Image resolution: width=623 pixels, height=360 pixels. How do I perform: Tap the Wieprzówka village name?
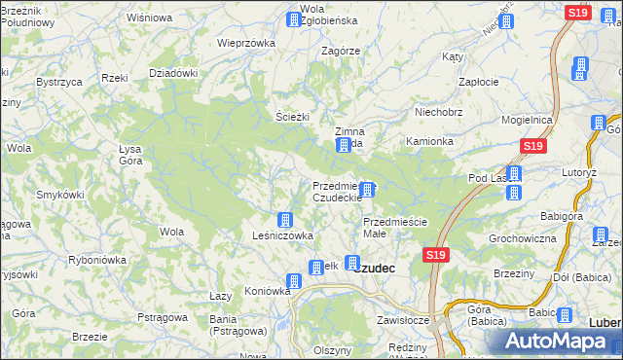point(246,43)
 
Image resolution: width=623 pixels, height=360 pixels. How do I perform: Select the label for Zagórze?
point(341,52)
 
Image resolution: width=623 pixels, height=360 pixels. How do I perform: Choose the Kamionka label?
point(429,141)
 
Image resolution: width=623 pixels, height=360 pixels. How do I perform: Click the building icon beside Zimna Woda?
point(344,146)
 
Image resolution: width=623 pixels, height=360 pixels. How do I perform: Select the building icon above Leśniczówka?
point(284,220)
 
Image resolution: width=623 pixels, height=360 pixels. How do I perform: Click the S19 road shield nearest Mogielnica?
point(531,146)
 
